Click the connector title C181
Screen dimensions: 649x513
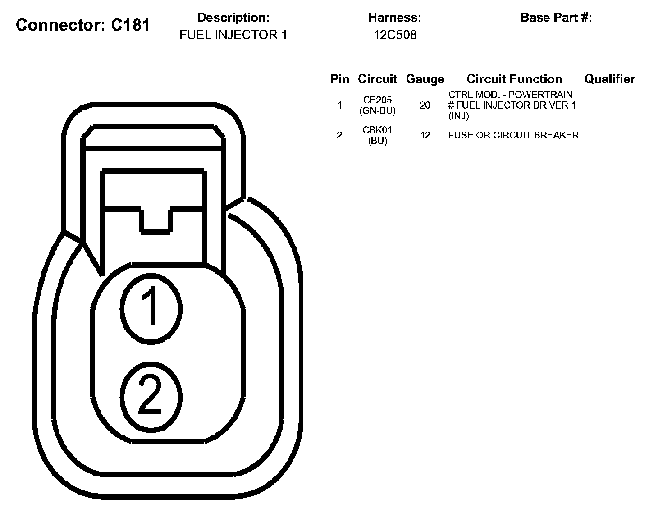tap(83, 25)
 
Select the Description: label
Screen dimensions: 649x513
tap(233, 18)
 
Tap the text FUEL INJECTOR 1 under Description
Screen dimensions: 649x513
tap(233, 35)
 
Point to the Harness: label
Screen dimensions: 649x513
tap(394, 18)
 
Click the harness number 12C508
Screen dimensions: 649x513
tap(395, 35)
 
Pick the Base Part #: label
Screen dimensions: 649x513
tap(556, 18)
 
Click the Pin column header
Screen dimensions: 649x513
tap(339, 79)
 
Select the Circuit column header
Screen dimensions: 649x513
tap(377, 79)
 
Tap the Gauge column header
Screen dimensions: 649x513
tap(425, 79)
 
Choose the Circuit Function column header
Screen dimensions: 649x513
tap(514, 79)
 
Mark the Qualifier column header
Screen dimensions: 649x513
tap(609, 79)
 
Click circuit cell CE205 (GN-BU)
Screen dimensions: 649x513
tap(378, 105)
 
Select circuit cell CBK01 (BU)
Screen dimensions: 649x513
tap(378, 135)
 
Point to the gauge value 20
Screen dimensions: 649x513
tap(425, 105)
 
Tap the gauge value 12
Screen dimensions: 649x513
tap(425, 135)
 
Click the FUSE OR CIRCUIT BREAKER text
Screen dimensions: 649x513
tap(513, 135)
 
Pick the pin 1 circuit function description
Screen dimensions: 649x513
tap(512, 105)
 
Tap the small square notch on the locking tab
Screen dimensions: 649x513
tap(156, 221)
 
